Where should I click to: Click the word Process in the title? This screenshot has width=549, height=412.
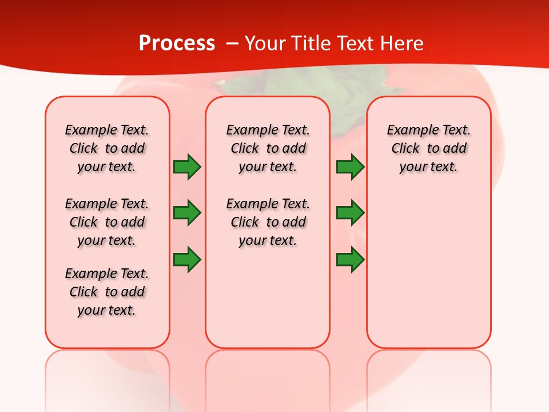click(177, 43)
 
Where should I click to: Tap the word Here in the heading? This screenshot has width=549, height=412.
click(401, 43)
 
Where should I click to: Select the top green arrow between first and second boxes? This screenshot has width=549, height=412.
click(187, 167)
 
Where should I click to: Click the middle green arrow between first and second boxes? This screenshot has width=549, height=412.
click(187, 213)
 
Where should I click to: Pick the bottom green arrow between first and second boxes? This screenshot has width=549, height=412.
click(187, 259)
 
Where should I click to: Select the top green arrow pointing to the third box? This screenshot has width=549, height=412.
click(350, 167)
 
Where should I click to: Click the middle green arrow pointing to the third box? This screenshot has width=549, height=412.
click(350, 213)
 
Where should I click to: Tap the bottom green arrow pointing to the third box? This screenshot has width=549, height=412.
click(350, 259)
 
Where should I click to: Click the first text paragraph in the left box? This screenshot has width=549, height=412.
click(107, 148)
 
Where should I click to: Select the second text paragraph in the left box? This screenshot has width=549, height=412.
click(107, 222)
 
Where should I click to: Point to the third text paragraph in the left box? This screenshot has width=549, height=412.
click(107, 292)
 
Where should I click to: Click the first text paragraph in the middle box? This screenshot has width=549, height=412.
click(268, 148)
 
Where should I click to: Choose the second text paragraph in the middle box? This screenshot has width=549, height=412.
click(268, 222)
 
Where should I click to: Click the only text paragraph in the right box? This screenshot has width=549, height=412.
click(428, 148)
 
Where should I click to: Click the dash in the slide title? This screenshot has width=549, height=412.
click(232, 43)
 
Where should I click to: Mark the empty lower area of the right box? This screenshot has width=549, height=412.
click(428, 269)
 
